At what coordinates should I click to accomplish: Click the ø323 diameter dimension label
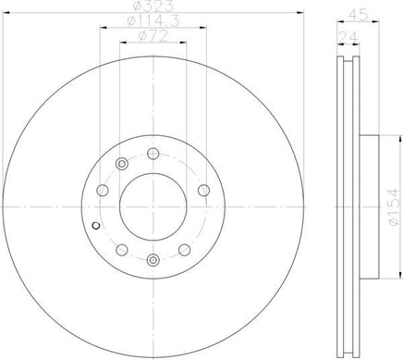coord(153,6)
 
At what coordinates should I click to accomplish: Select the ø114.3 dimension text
coord(153,20)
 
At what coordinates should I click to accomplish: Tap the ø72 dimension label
coord(153,36)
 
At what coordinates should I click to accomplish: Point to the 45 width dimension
coord(358,15)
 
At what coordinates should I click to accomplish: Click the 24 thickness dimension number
coord(348,38)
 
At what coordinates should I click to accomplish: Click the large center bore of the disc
coord(153,207)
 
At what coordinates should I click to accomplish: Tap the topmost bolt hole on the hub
coord(153,154)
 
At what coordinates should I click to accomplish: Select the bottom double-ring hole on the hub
coord(153,260)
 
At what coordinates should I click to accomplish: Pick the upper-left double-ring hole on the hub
coord(122,164)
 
